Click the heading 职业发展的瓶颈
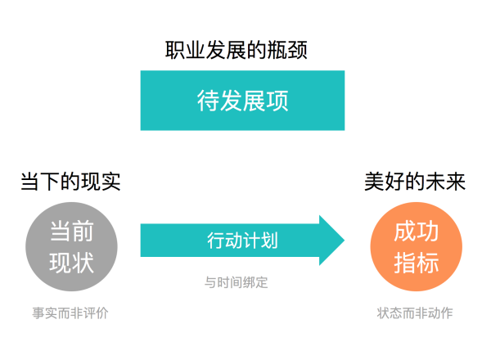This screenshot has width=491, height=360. [236, 50]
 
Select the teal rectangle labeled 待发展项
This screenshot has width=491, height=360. [242, 101]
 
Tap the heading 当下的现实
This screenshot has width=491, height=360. [70, 182]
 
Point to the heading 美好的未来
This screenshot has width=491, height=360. [415, 182]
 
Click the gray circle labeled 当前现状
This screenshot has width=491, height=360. [71, 246]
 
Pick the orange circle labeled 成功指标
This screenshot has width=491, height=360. [417, 246]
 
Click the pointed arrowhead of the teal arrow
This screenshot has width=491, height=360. [345, 241]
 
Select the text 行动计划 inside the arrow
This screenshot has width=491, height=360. [242, 241]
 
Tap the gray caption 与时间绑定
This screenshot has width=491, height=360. [236, 282]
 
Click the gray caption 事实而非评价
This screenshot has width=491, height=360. [70, 313]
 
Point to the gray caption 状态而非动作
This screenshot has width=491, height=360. [415, 313]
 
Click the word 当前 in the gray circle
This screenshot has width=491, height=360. [72, 231]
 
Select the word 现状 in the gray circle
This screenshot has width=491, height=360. [72, 263]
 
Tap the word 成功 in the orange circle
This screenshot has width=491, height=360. [417, 231]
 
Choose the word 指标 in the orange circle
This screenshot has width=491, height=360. [417, 263]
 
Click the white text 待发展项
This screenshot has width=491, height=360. [242, 101]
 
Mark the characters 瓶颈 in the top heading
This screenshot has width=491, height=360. [287, 50]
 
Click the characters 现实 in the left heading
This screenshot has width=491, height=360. [101, 182]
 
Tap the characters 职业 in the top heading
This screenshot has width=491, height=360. [185, 50]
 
